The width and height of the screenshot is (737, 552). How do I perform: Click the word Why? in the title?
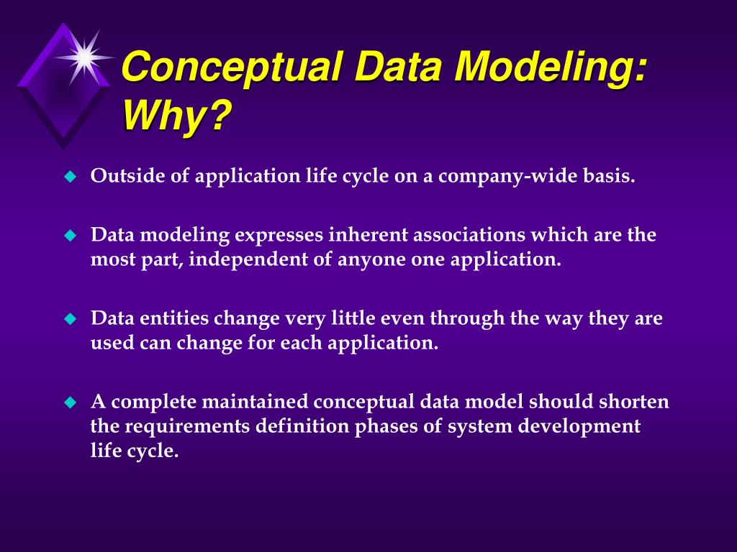pyautogui.click(x=177, y=116)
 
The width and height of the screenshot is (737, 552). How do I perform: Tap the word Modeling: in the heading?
pyautogui.click(x=551, y=67)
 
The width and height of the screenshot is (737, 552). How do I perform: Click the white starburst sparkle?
pyautogui.click(x=85, y=57)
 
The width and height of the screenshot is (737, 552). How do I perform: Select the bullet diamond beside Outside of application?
pyautogui.click(x=70, y=177)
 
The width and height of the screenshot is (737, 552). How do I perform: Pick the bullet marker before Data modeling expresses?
pyautogui.click(x=70, y=235)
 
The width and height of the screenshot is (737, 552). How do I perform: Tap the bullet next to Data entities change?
pyautogui.click(x=70, y=319)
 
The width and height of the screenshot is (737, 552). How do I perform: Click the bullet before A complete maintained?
pyautogui.click(x=70, y=402)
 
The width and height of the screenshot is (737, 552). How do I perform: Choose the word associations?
pyautogui.click(x=469, y=234)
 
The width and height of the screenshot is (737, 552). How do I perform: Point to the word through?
pyautogui.click(x=467, y=318)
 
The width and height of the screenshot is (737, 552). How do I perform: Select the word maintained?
pyautogui.click(x=256, y=401)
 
